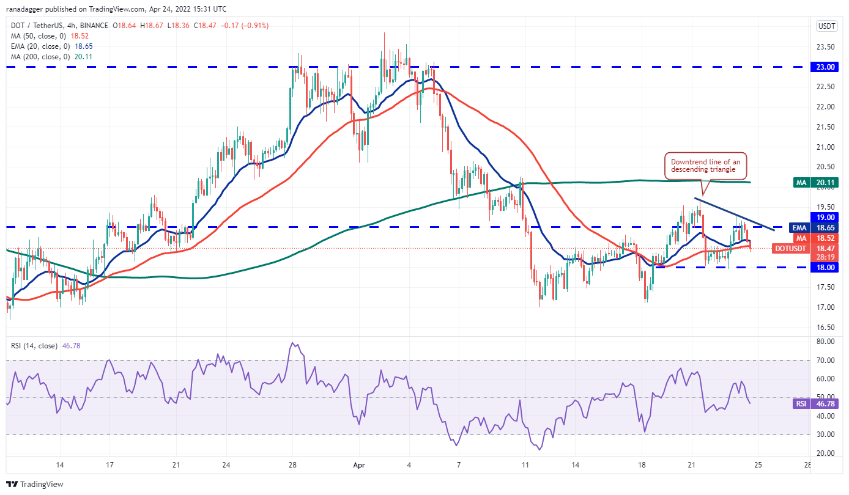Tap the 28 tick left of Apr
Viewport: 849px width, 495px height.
coord(293,464)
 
